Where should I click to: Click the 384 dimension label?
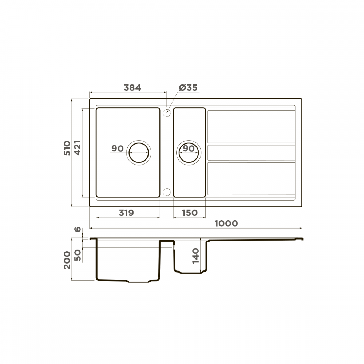coord(132,88)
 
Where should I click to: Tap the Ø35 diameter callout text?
coord(188,88)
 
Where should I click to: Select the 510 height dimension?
coord(67,148)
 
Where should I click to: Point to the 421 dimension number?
coord(78,148)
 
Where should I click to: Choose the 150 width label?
coord(189,213)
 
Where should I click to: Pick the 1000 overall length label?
coord(226,223)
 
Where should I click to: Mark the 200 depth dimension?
coord(67,260)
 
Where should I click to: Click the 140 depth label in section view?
coord(196,256)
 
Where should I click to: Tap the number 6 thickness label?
coord(77,230)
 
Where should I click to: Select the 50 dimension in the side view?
coord(78,255)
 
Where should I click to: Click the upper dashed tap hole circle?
coord(167,113)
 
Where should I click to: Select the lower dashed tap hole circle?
coord(167,191)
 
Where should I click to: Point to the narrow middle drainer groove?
coord(251,152)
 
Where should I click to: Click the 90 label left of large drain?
coord(118,149)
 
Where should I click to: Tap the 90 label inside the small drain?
coord(188,149)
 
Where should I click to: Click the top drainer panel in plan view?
coord(251,126)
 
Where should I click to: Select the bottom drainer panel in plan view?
coord(251,178)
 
